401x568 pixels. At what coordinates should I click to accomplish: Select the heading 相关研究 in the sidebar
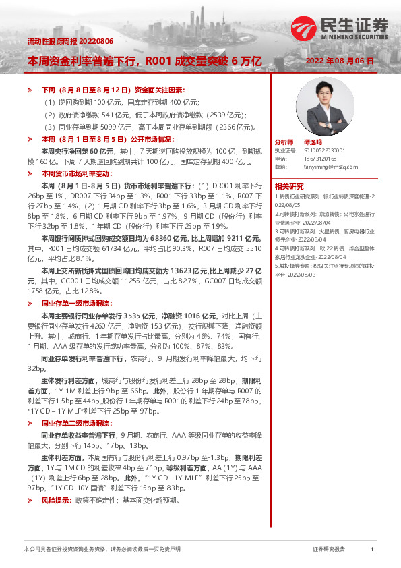point(289,186)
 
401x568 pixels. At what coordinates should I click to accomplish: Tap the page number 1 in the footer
point(372,550)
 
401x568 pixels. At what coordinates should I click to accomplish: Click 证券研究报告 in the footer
point(329,550)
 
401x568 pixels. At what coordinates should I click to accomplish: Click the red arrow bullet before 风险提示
point(29,501)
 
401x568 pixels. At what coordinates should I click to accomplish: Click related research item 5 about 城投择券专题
point(324,268)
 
